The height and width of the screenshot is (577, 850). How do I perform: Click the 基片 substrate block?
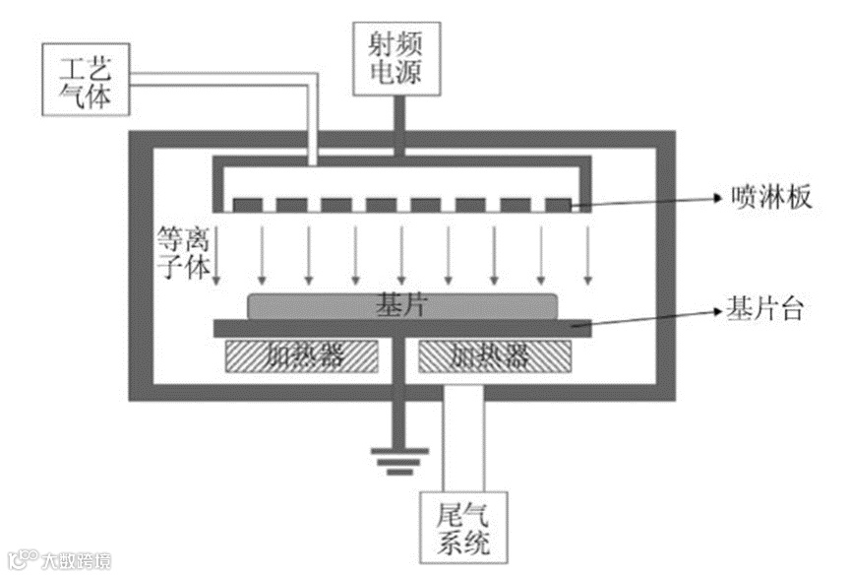(400, 306)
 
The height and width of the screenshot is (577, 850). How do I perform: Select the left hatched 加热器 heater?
(304, 356)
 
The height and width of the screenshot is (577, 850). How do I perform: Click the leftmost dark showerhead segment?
(246, 205)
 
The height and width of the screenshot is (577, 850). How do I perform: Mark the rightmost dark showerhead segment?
(558, 205)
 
